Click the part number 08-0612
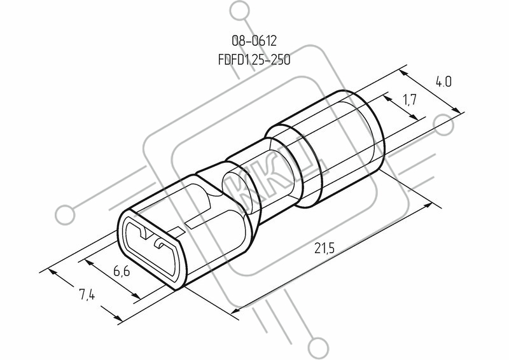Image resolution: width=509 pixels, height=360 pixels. [x=254, y=41]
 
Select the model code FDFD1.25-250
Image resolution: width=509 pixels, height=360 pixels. [x=254, y=60]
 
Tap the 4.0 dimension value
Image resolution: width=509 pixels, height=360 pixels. [x=443, y=82]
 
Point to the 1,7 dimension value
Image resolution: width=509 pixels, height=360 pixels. [x=410, y=100]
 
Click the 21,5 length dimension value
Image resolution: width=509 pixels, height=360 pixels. [x=324, y=248]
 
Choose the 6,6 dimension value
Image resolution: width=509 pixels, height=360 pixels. [x=122, y=270]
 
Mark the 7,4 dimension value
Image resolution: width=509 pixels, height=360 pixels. [x=87, y=294]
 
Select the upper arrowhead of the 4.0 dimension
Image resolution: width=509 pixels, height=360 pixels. [x=403, y=74]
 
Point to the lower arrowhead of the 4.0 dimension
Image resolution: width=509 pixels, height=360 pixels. [x=456, y=109]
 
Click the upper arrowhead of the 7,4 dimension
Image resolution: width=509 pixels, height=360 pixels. [x=53, y=273]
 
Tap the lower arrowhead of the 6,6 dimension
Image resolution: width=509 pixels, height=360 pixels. [x=136, y=295]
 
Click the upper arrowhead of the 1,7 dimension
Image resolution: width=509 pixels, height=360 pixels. [x=387, y=99]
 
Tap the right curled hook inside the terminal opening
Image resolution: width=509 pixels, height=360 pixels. [x=160, y=244]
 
